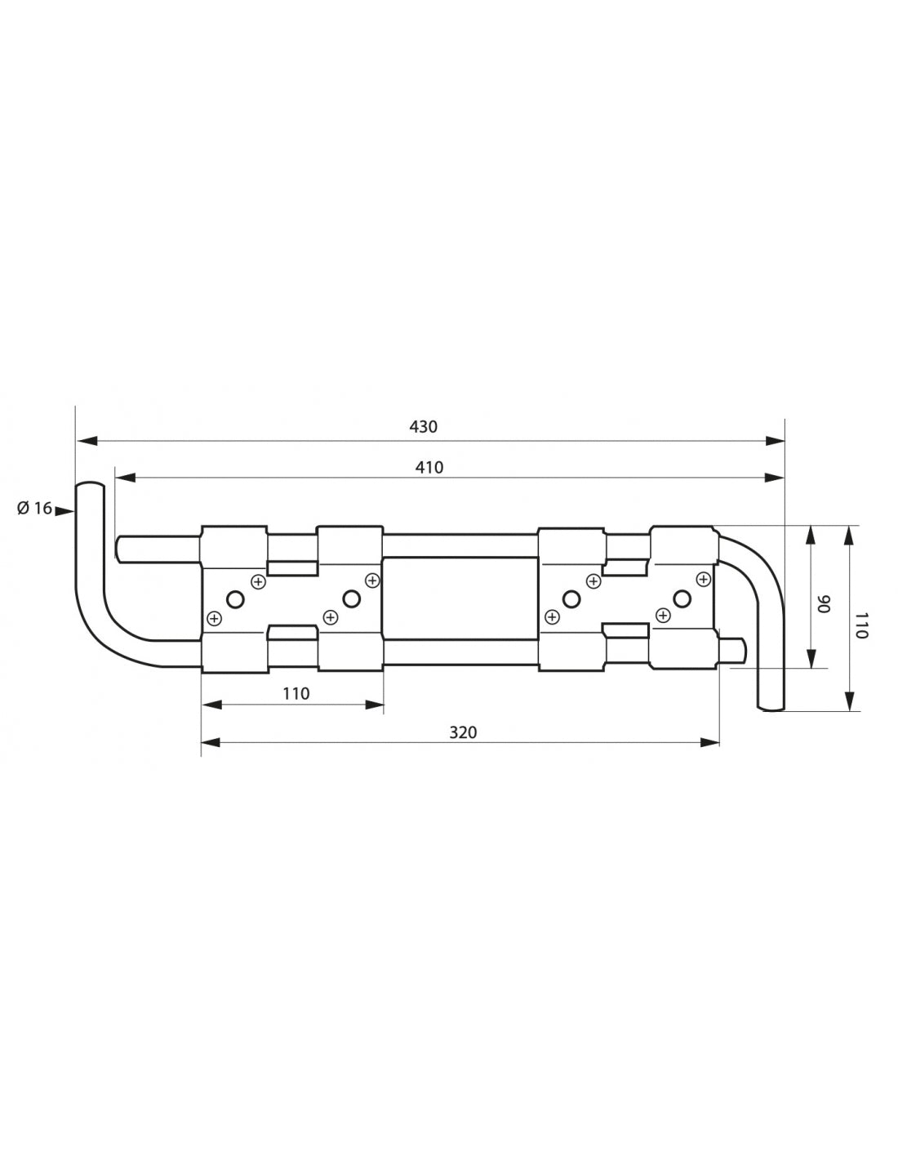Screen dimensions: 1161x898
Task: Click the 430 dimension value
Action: [424, 426]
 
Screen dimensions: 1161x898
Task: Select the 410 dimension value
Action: [429, 467]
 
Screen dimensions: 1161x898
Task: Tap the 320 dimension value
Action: [463, 732]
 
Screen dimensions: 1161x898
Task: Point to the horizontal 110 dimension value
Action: [296, 693]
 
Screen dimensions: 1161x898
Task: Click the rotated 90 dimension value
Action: [824, 604]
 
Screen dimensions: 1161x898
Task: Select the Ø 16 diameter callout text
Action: [33, 509]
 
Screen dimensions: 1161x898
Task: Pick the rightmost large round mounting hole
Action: [681, 599]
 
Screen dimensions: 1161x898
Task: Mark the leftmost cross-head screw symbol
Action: [214, 618]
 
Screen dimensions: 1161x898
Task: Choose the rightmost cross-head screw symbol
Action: [702, 579]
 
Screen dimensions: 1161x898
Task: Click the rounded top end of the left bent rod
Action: [90, 487]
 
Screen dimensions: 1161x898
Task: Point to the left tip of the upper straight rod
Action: [120, 548]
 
